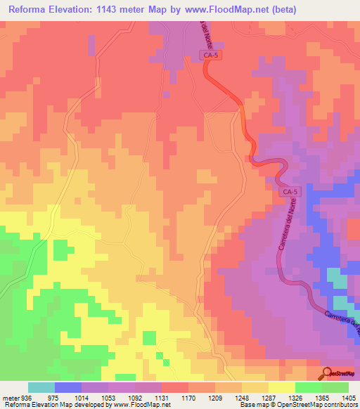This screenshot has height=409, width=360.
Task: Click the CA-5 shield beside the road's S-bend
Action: click(x=289, y=191)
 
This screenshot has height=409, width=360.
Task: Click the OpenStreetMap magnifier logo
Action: click(x=327, y=374)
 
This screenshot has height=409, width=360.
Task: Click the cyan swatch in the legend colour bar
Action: click(x=41, y=387)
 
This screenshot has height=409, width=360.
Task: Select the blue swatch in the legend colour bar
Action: click(x=68, y=387)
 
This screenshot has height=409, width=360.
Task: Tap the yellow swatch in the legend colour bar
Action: click(x=282, y=387)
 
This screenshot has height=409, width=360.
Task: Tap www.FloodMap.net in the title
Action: click(x=225, y=10)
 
